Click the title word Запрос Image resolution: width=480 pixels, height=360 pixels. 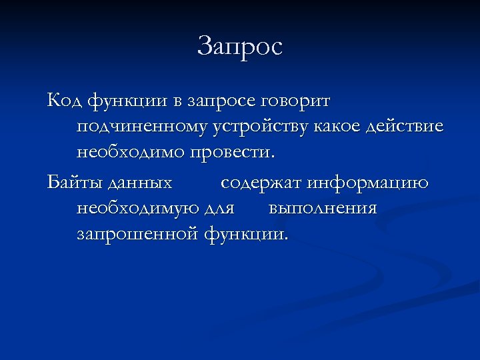click(x=240, y=47)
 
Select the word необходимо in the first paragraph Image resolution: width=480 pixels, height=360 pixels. click(x=131, y=152)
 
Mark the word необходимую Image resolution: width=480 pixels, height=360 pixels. click(x=137, y=209)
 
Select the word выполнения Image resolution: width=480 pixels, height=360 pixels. click(x=323, y=209)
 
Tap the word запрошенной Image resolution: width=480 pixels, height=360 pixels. click(x=138, y=235)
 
